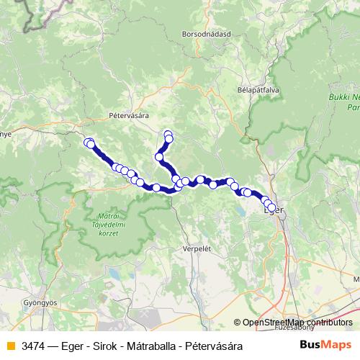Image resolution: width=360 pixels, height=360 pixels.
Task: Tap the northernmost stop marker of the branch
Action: [168, 133]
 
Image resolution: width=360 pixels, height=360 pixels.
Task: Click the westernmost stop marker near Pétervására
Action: [88, 143]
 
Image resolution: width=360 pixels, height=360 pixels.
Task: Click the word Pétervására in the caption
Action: [213, 346]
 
